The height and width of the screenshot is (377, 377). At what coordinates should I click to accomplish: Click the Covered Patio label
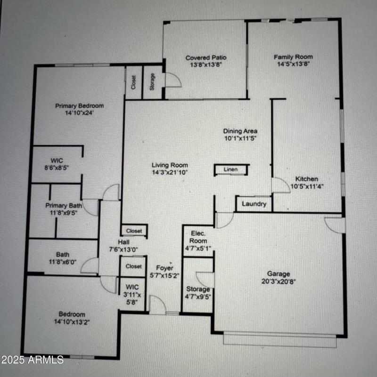click(x=205, y=58)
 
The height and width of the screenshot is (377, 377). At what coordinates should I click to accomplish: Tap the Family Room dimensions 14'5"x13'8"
click(x=293, y=64)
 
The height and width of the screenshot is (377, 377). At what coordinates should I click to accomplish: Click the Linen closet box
click(x=230, y=170)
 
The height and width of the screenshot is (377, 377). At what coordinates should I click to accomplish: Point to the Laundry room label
click(x=254, y=204)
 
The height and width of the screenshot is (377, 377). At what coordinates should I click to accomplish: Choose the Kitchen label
click(x=306, y=179)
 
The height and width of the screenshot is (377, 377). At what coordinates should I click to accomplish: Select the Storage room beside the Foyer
click(x=198, y=289)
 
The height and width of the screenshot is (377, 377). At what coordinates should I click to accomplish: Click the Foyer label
click(x=164, y=268)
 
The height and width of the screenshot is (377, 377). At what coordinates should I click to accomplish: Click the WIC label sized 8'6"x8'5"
click(x=57, y=160)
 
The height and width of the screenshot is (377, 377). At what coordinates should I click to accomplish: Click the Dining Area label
click(x=240, y=131)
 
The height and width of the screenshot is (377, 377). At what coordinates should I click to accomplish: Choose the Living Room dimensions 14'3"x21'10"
click(x=170, y=173)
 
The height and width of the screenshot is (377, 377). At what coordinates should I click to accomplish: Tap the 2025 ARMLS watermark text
click(x=32, y=360)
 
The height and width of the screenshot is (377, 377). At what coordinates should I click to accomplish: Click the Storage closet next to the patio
click(x=152, y=82)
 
